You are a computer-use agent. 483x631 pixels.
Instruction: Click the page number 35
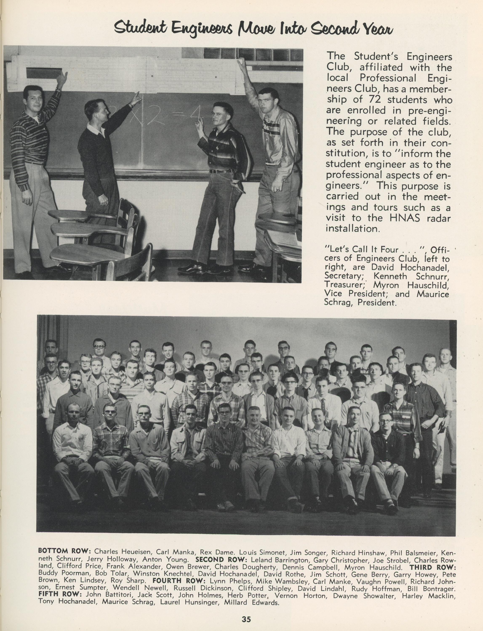pyautogui.click(x=246, y=617)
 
